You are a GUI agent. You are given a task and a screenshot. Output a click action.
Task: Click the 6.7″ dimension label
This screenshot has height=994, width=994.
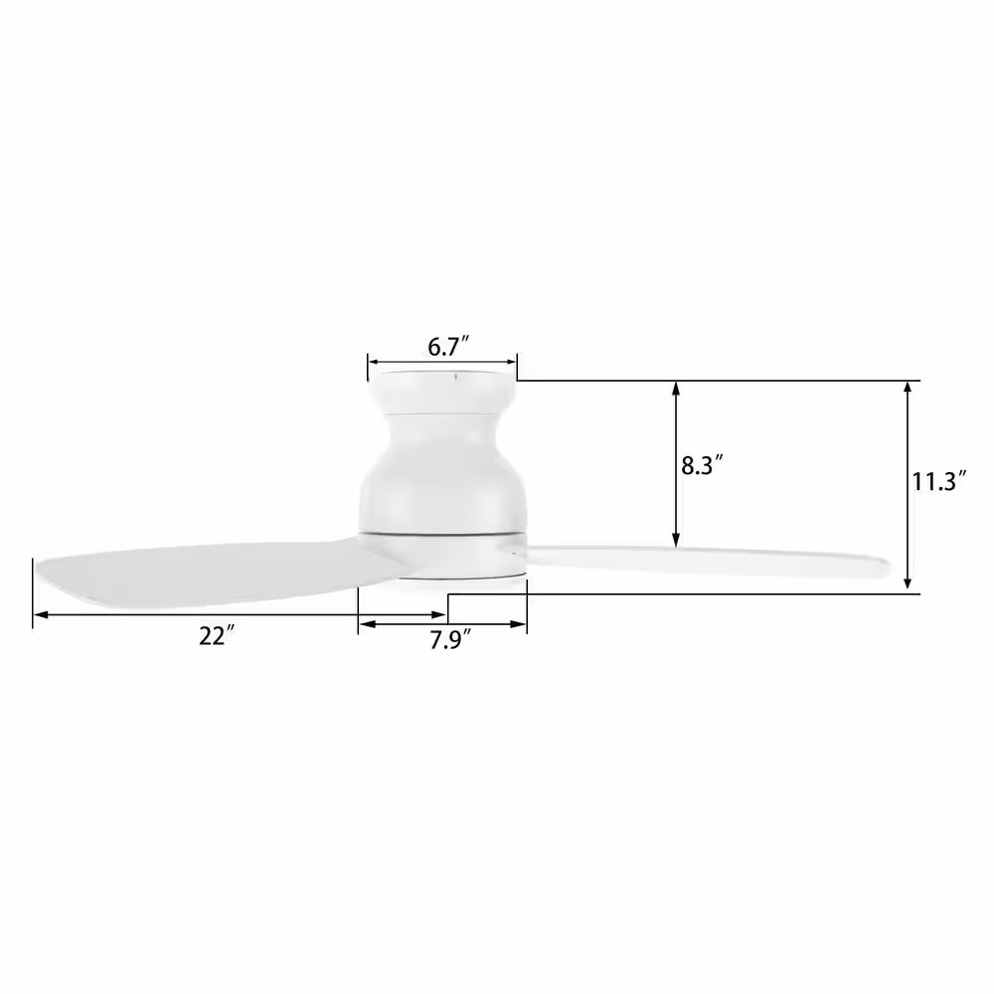click(448, 347)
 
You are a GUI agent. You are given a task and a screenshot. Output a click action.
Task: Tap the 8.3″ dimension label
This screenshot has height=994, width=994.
click(702, 466)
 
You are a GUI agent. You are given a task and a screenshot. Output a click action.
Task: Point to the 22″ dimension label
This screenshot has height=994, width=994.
click(217, 636)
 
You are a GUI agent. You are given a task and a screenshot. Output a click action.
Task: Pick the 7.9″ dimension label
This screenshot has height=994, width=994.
click(450, 640)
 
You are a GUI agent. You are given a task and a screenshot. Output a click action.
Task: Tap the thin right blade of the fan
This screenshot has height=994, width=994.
click(707, 561)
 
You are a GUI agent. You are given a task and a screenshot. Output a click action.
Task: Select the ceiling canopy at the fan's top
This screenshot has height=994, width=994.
click(443, 391)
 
